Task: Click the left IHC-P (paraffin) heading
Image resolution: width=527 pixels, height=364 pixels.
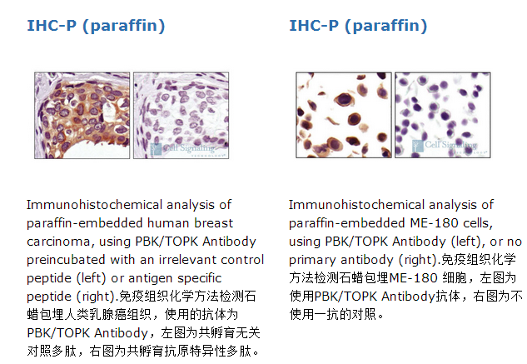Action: click(96, 26)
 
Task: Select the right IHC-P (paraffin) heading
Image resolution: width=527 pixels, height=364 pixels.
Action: click(358, 26)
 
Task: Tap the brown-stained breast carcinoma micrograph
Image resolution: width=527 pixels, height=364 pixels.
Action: click(82, 115)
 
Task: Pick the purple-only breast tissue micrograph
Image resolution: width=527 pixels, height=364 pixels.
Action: click(181, 115)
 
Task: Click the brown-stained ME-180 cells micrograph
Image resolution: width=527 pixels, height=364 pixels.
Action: click(344, 115)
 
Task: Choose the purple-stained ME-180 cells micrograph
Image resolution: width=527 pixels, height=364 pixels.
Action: click(443, 115)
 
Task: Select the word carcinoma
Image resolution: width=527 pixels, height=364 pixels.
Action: click(58, 242)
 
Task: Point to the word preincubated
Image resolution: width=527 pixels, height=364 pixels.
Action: click(66, 261)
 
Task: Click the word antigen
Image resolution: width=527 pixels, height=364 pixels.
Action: click(151, 278)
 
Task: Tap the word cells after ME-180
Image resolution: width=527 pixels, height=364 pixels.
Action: click(478, 223)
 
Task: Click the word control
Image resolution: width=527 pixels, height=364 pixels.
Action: click(240, 260)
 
